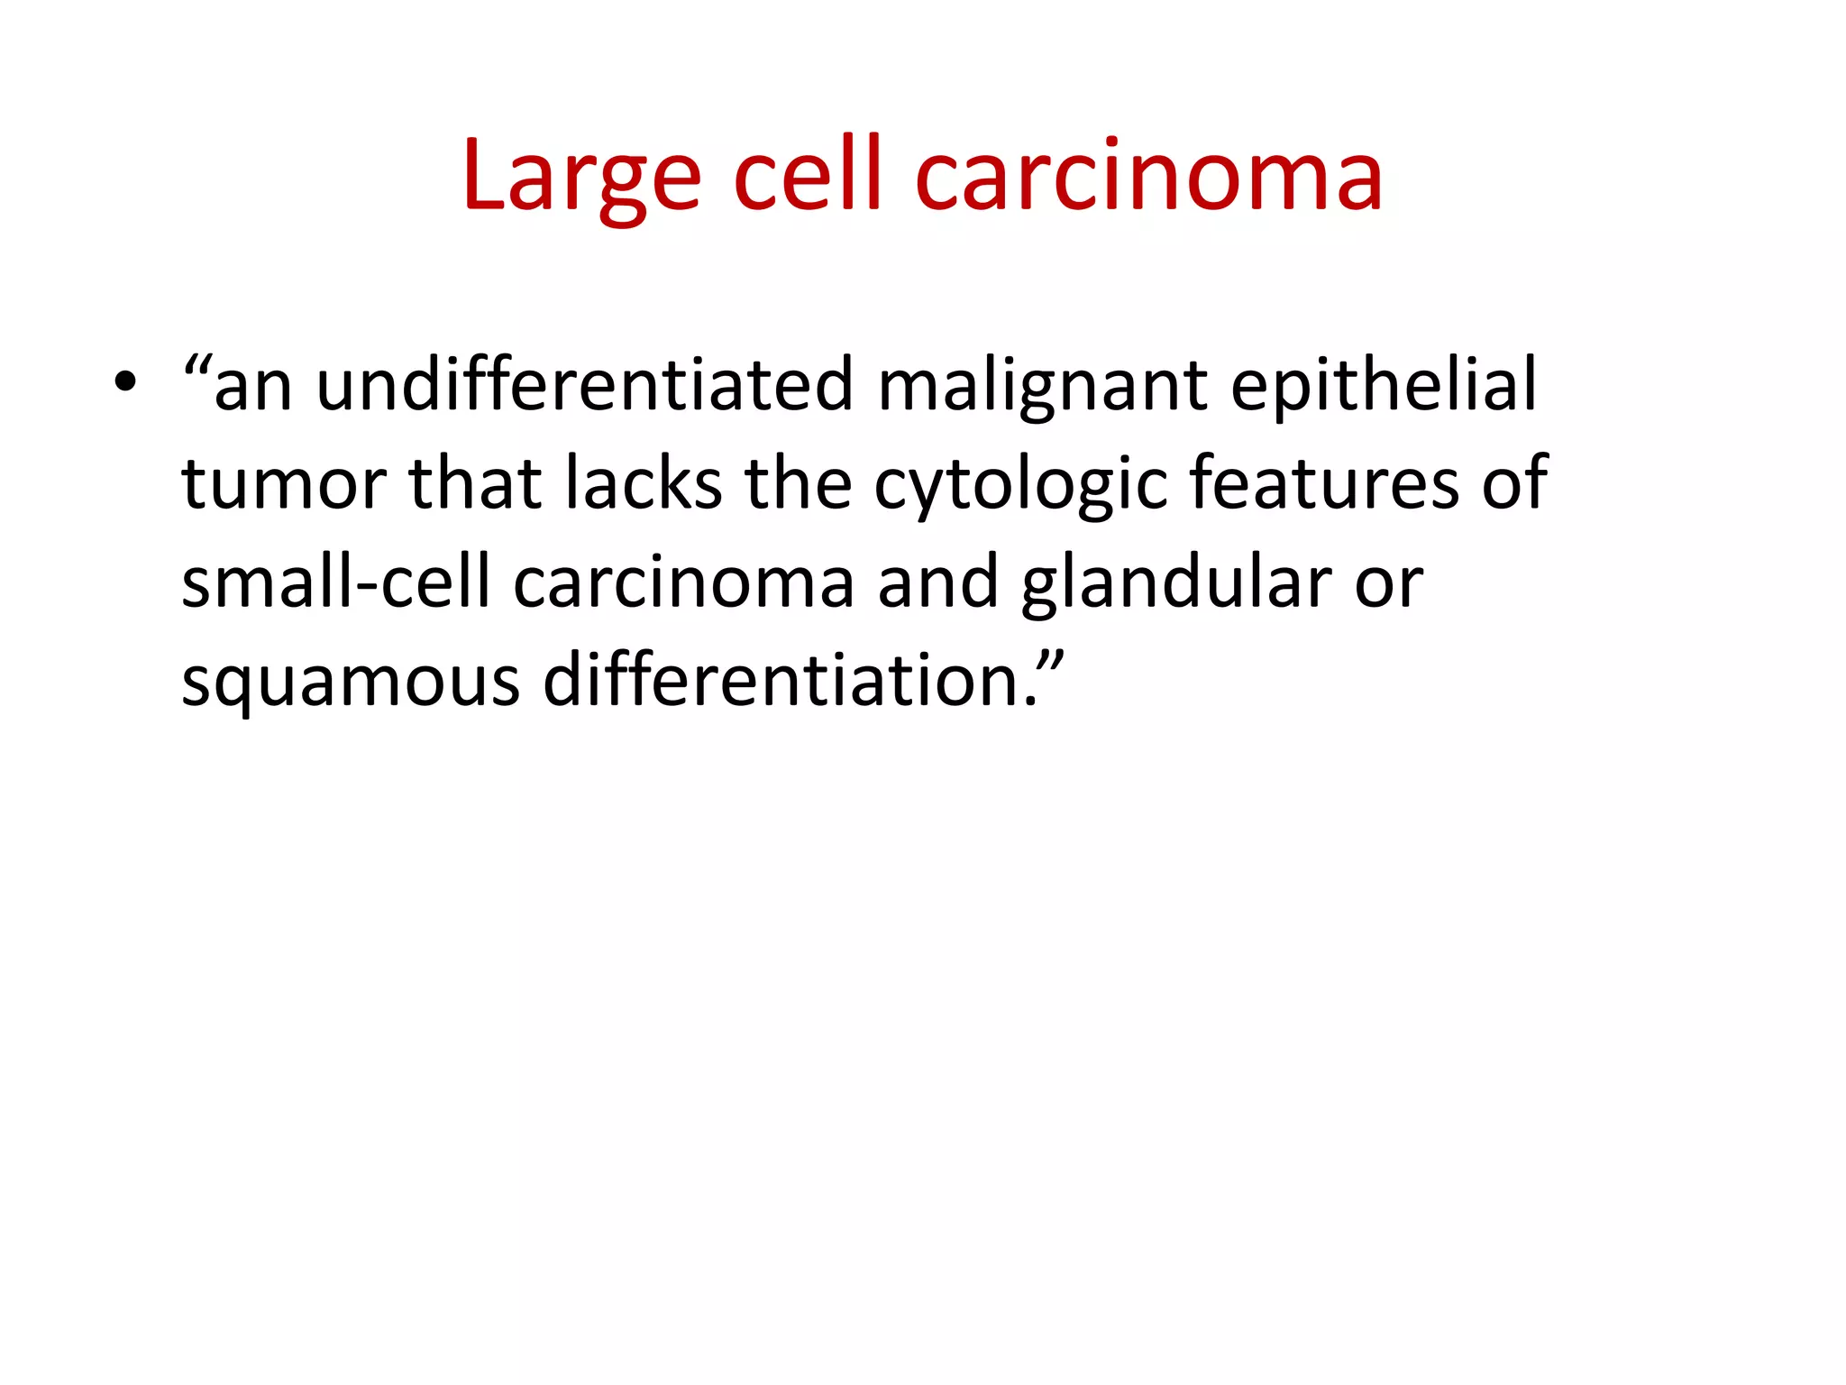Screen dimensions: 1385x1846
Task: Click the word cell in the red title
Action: (807, 177)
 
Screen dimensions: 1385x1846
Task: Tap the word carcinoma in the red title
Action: (1148, 177)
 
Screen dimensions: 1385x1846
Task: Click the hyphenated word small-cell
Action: (335, 582)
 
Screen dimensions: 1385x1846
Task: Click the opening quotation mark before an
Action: (196, 366)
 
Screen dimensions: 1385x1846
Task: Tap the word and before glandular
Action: (937, 582)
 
